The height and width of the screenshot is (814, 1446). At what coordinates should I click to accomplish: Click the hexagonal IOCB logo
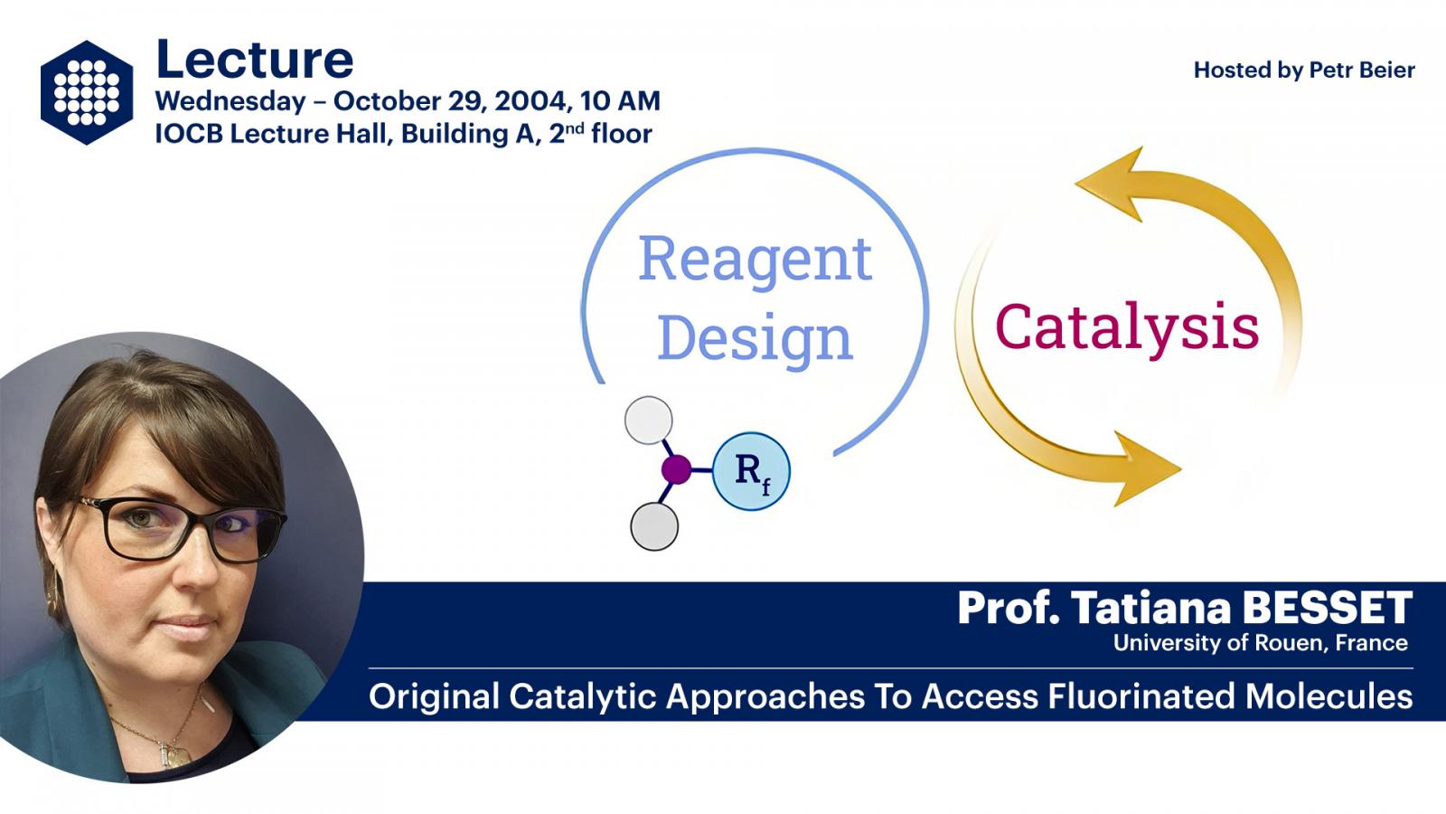click(x=87, y=92)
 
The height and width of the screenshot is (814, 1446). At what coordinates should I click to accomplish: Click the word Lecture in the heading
click(x=255, y=60)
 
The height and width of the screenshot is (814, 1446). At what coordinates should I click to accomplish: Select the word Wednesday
click(x=230, y=102)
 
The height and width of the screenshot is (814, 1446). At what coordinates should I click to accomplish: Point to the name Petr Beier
click(x=1362, y=70)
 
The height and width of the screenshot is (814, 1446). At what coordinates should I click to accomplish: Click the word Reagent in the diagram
click(x=756, y=260)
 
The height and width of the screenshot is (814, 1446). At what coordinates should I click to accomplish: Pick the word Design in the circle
click(x=756, y=340)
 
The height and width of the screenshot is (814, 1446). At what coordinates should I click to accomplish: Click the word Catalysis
click(x=1127, y=328)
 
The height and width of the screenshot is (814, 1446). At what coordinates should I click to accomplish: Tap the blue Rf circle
click(x=751, y=471)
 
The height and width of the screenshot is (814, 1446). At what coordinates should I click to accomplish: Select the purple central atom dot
click(x=676, y=469)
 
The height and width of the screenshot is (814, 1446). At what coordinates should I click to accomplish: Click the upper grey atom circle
click(x=649, y=421)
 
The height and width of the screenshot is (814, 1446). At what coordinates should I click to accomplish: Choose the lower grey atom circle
click(x=654, y=526)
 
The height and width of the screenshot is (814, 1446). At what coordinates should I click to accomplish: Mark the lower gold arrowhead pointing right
click(x=1146, y=469)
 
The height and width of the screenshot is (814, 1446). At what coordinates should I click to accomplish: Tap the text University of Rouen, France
click(x=1260, y=643)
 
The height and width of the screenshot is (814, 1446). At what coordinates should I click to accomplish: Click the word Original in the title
click(x=434, y=697)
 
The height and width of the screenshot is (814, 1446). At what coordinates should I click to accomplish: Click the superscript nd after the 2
click(x=575, y=128)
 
